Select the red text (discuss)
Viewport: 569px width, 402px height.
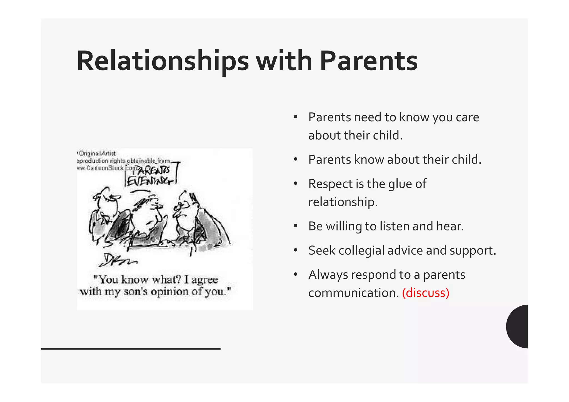click(425, 293)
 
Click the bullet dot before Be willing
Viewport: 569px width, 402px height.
click(296, 226)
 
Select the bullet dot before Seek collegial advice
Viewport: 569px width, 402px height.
click(296, 250)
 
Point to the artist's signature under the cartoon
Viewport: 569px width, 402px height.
click(117, 260)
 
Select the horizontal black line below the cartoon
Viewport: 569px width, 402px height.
click(131, 349)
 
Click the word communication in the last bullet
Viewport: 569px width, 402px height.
click(353, 293)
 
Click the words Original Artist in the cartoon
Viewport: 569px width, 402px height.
click(97, 153)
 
